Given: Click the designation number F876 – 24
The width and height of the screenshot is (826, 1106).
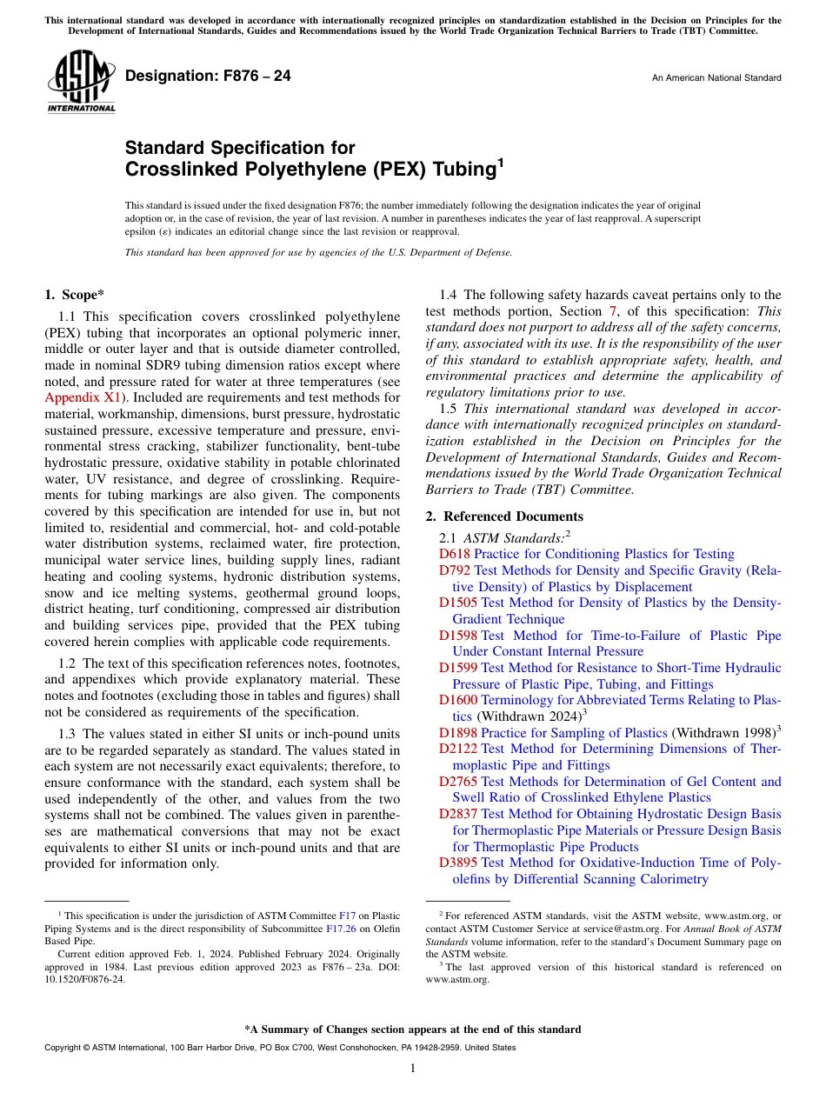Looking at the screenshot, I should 208,77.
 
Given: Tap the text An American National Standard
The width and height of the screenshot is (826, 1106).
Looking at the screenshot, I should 716,78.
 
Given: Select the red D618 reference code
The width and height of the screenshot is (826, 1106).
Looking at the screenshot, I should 454,554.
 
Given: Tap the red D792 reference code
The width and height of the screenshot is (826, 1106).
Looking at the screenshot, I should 455,570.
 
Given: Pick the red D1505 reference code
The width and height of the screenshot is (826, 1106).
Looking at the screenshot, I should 458,603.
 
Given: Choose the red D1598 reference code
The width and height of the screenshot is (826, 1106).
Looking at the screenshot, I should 458,636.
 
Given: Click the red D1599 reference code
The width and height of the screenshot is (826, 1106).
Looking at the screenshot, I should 458,668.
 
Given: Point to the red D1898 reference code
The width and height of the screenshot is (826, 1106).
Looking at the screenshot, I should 458,732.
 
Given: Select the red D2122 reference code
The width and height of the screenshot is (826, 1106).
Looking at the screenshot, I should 458,749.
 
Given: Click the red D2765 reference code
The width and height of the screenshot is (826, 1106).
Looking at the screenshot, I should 458,782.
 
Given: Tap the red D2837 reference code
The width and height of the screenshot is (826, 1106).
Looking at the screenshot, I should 458,814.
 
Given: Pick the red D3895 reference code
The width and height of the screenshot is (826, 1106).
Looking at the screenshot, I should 458,863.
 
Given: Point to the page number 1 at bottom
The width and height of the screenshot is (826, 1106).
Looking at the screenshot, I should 413,1068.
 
